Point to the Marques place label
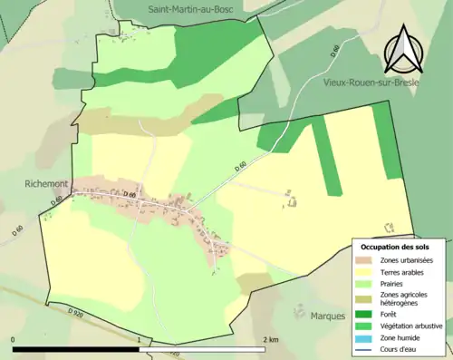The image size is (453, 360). click(x=326, y=316)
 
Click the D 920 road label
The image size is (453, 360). click(x=76, y=311)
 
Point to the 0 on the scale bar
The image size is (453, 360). click(x=14, y=339)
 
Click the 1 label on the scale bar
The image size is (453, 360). click(x=138, y=339)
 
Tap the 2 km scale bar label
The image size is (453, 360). click(x=269, y=339)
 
